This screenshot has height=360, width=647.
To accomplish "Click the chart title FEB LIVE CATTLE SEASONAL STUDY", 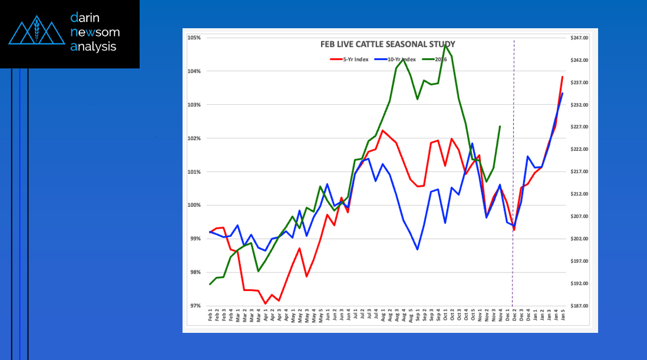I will pyautogui.click(x=380, y=44).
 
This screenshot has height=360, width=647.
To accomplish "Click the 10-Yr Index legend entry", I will pyautogui.click(x=401, y=59).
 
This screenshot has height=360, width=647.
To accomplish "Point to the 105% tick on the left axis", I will pyautogui.click(x=194, y=37).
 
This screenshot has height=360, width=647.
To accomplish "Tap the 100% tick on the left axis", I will pyautogui.click(x=194, y=205).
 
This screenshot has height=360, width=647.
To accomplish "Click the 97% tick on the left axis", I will pyautogui.click(x=195, y=306).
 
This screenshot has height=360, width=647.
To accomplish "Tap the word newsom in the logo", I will pyautogui.click(x=95, y=33).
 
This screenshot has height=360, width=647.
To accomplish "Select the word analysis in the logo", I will pyautogui.click(x=93, y=47).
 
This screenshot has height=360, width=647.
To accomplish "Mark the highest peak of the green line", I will pyautogui.click(x=445, y=45).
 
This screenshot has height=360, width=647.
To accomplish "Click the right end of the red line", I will pyautogui.click(x=562, y=77).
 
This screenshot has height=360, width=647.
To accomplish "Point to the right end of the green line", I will pyautogui.click(x=500, y=127).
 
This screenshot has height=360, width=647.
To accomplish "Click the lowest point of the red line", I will pyautogui.click(x=265, y=304).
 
